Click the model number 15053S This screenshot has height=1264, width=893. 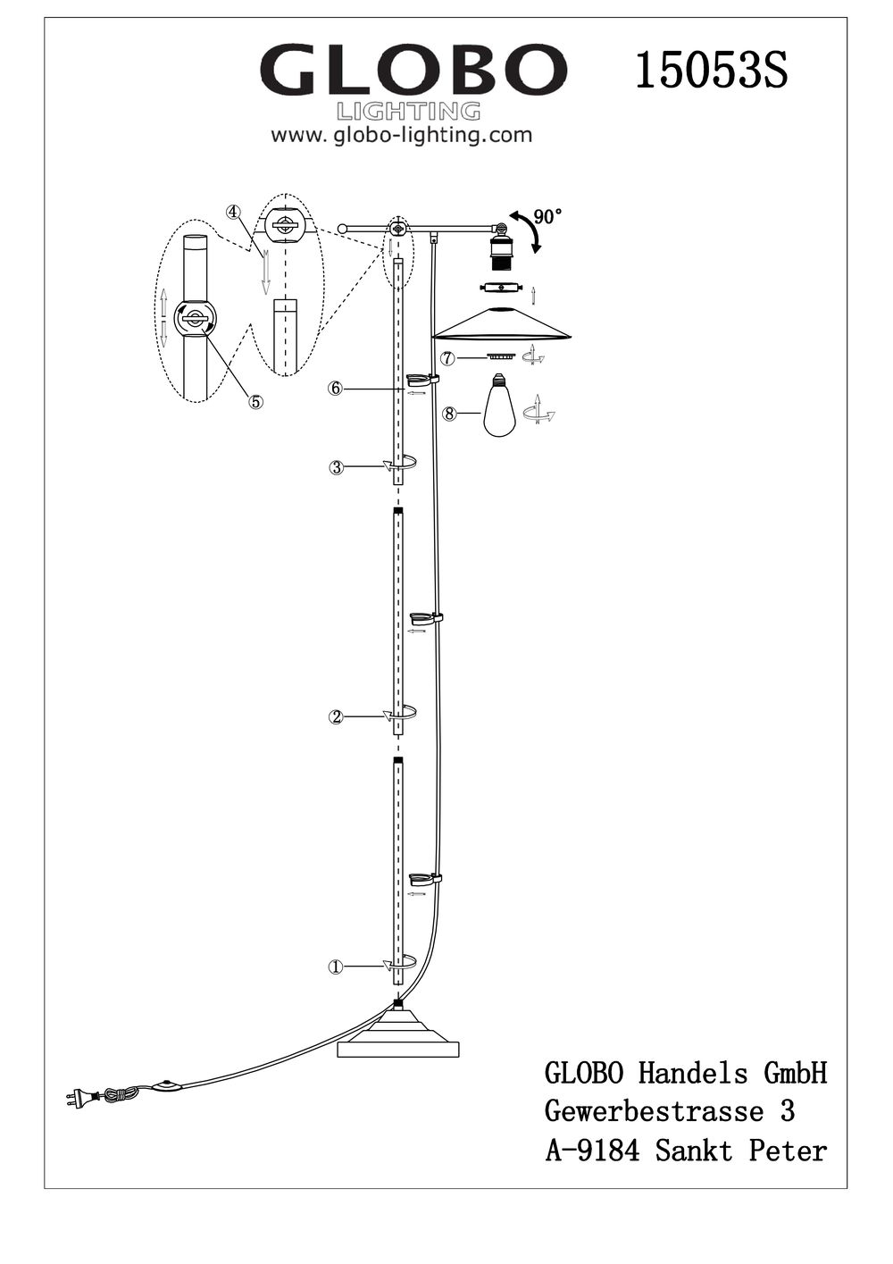click(712, 70)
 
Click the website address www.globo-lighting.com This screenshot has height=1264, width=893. click(401, 136)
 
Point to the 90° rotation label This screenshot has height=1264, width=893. click(547, 216)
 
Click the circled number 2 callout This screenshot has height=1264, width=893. click(336, 717)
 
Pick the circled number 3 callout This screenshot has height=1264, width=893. click(336, 467)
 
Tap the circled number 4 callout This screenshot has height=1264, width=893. click(233, 211)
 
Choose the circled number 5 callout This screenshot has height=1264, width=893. click(255, 401)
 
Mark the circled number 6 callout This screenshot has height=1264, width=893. click(336, 389)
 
